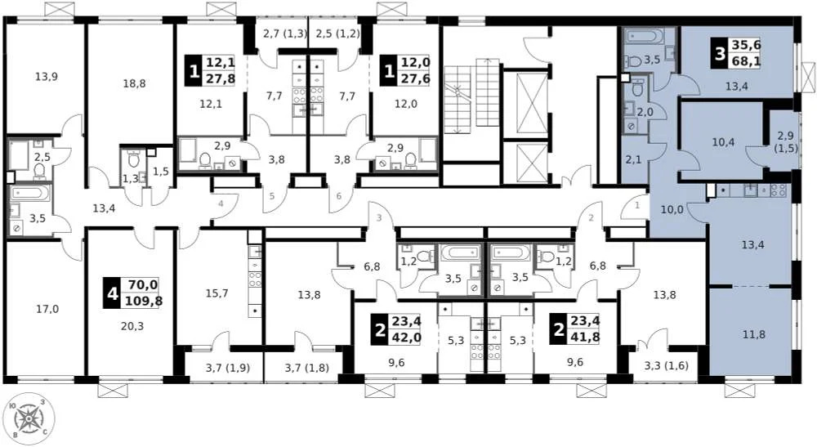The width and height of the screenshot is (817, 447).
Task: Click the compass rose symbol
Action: tap(32, 419)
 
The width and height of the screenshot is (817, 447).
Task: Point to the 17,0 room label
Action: tap(47, 309)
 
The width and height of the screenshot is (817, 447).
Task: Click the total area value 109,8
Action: tap(143, 300)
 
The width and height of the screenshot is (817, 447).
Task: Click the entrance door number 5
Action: tap(272, 196)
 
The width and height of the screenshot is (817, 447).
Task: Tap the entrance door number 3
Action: tap(378, 217)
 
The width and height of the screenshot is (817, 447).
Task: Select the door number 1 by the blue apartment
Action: tap(637, 207)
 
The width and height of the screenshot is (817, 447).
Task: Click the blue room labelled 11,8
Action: tap(750, 333)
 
